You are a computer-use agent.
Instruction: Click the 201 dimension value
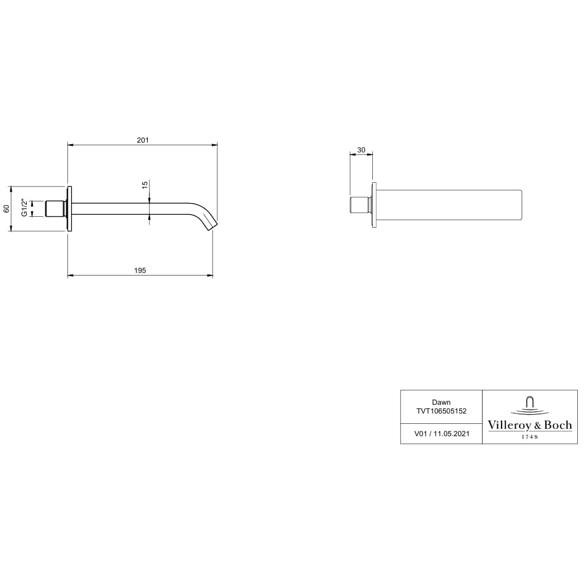coord(143,140)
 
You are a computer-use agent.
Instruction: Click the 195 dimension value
coord(140,270)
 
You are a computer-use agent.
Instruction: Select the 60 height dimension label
coord(7,209)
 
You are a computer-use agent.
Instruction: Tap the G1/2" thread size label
coord(23,208)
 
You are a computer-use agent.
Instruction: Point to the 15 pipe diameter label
coord(145,184)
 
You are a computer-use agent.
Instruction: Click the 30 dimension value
coord(361,150)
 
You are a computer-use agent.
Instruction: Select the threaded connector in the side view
coord(55,209)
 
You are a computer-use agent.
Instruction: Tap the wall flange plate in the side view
coord(68,209)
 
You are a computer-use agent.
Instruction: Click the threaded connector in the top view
coord(359,204)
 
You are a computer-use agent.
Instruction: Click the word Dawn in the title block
coord(441,402)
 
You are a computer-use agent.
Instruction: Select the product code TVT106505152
coord(441,411)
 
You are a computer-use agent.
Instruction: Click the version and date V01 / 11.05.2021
coord(441,434)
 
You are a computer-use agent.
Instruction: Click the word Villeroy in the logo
coord(506,425)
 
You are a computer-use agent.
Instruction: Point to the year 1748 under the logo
coord(529,437)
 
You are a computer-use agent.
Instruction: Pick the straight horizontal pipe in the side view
coord(129,209)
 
